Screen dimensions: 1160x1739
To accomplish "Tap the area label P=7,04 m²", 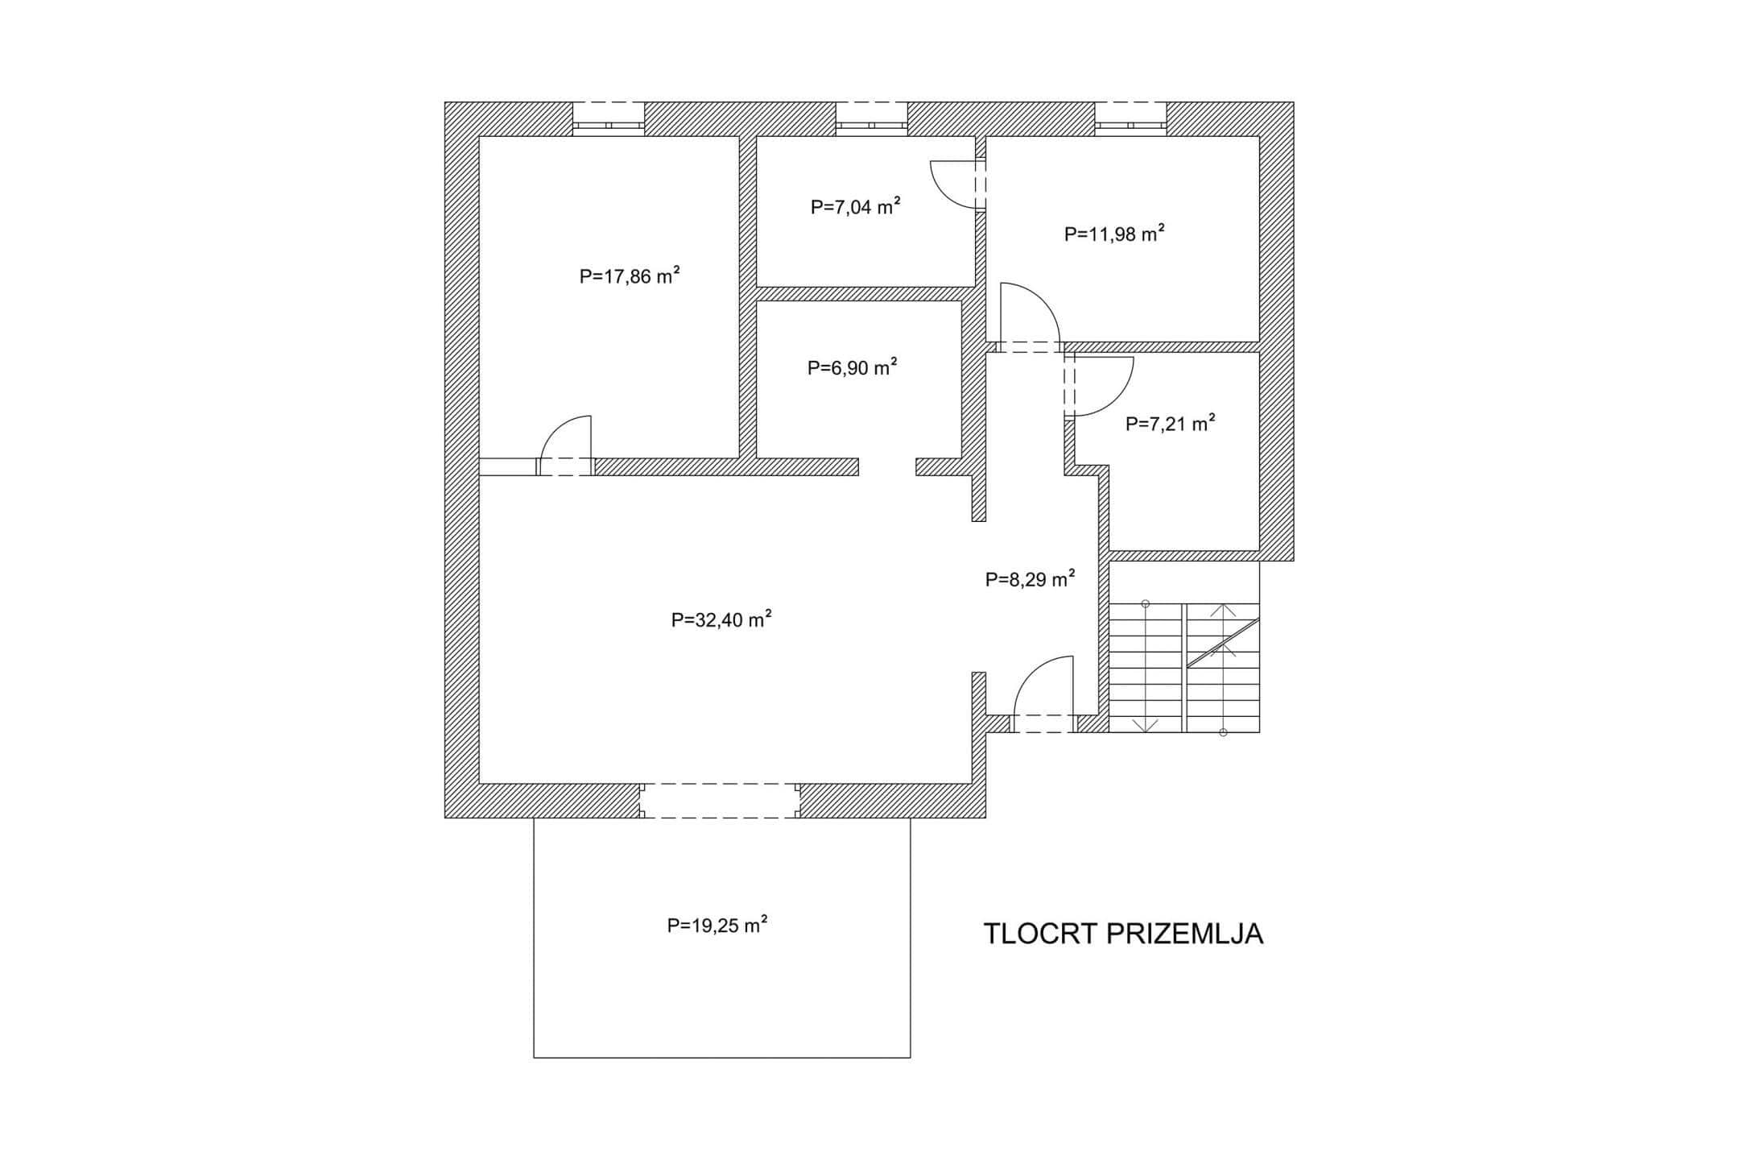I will (855, 207).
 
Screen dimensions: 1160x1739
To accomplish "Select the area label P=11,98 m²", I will (1114, 234).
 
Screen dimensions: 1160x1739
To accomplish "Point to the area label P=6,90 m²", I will (852, 368).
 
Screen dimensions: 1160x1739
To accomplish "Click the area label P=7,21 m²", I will (1170, 424).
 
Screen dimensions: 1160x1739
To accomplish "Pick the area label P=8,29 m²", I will (1030, 579).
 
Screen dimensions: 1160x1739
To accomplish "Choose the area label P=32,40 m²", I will (721, 619).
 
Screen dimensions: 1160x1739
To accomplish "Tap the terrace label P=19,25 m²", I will (717, 925).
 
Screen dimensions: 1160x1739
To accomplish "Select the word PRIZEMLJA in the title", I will (1185, 934).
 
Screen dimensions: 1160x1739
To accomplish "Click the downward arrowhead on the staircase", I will (1145, 725).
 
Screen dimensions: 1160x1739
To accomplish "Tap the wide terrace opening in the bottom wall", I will (720, 801).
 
